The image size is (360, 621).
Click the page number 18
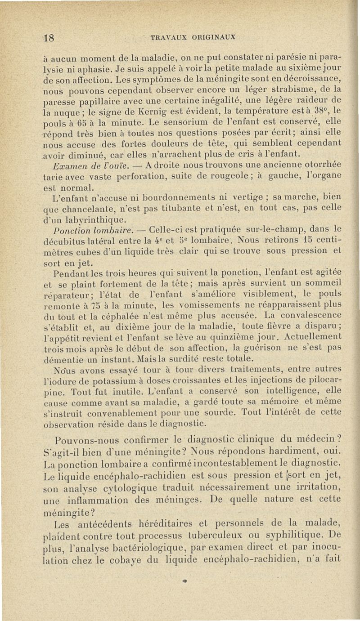[49, 38]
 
